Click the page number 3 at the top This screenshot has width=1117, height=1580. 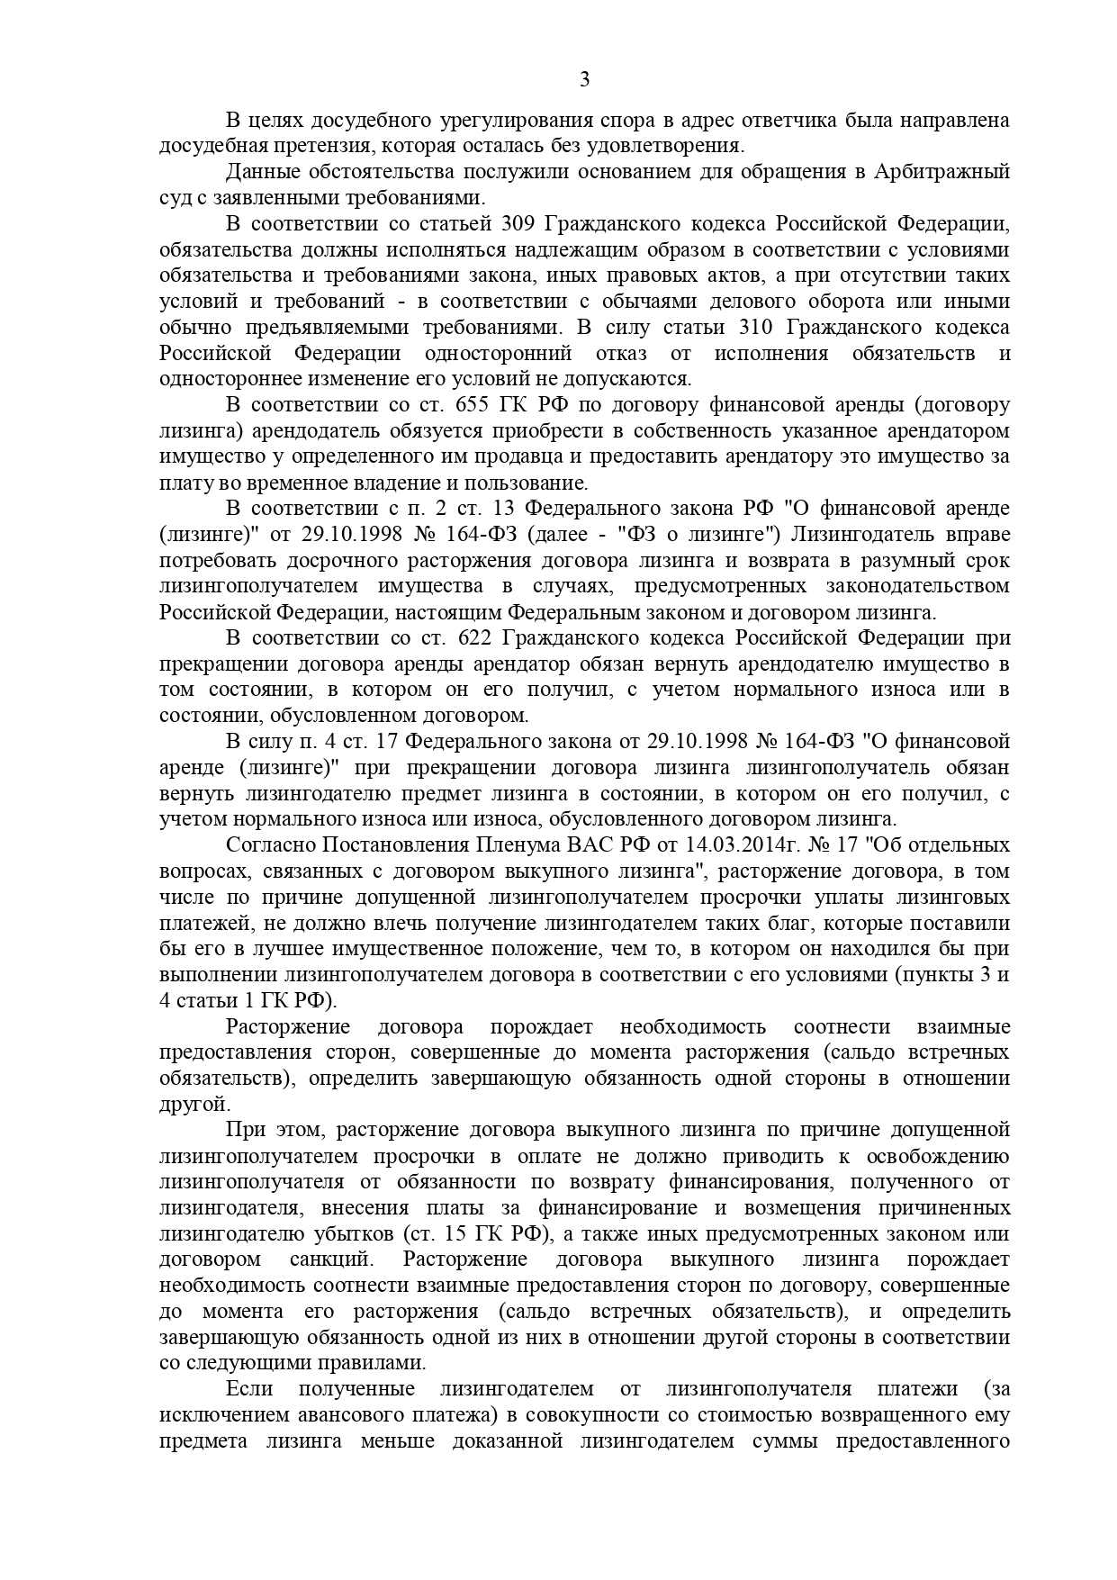point(584,80)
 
